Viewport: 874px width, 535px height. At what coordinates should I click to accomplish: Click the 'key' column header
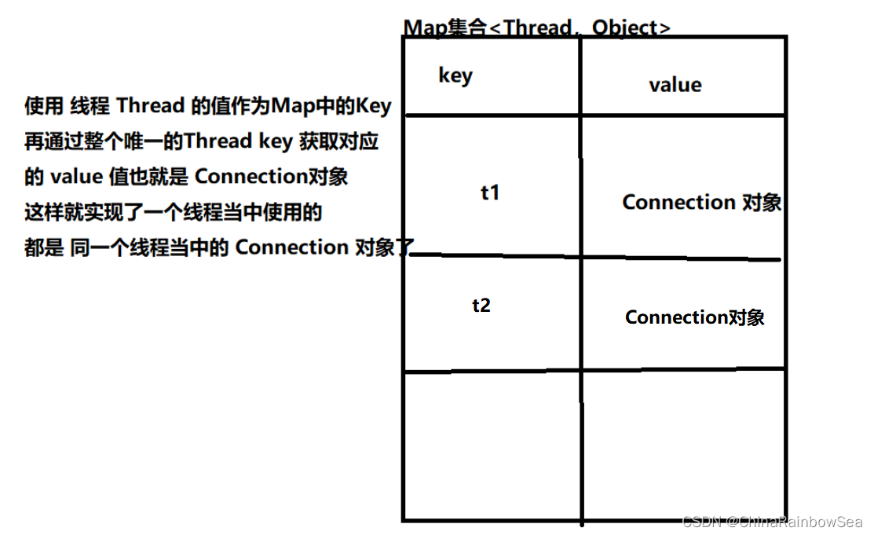coord(455,76)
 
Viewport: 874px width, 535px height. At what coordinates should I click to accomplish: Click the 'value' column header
coord(675,85)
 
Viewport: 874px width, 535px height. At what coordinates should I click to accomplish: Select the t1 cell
coord(490,192)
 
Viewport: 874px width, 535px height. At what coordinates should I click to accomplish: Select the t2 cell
coord(481,305)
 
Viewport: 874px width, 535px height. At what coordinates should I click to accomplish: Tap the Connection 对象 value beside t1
coord(702,202)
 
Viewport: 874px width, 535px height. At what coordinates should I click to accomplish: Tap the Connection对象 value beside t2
coord(694,317)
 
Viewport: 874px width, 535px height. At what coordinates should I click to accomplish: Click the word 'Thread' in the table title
coord(538,27)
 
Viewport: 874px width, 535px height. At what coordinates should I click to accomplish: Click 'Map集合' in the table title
coord(444,27)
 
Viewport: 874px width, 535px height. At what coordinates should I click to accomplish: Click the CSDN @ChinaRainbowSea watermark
coord(773,522)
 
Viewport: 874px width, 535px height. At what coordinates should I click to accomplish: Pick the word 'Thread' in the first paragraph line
coord(151,105)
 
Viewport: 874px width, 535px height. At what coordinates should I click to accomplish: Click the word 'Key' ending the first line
coord(374,106)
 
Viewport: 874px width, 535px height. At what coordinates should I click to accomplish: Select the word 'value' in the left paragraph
coord(77,177)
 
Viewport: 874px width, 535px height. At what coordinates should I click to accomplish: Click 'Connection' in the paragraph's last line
coord(292,247)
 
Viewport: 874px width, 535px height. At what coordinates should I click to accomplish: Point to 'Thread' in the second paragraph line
coord(218,141)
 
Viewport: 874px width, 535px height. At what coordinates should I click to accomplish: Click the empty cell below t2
coord(492,445)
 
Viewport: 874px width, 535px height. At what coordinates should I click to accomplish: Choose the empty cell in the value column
coord(684,445)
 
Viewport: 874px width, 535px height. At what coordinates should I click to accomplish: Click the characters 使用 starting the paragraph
coord(44,105)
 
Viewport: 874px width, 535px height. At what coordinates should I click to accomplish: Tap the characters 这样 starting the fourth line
coord(44,212)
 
